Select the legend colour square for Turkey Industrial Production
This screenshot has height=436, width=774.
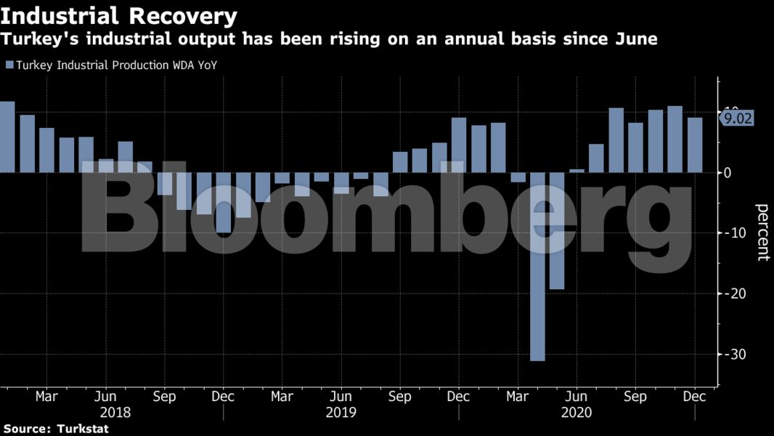pos(9,65)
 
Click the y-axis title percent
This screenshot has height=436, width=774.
pos(763,233)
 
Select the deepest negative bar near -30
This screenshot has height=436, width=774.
pos(537,266)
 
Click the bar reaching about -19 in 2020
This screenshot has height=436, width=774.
pos(557,230)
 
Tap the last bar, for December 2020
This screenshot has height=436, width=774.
pos(695,145)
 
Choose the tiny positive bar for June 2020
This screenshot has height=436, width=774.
pos(577,171)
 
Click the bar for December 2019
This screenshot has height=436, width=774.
pos(459,145)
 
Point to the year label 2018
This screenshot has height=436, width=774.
pos(115,412)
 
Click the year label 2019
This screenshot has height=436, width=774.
pos(341,412)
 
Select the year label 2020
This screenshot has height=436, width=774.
pos(577,412)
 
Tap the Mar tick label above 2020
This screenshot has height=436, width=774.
pos(517,397)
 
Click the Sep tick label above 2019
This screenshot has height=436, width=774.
pos(400,397)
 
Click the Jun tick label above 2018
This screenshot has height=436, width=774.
pos(106,397)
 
